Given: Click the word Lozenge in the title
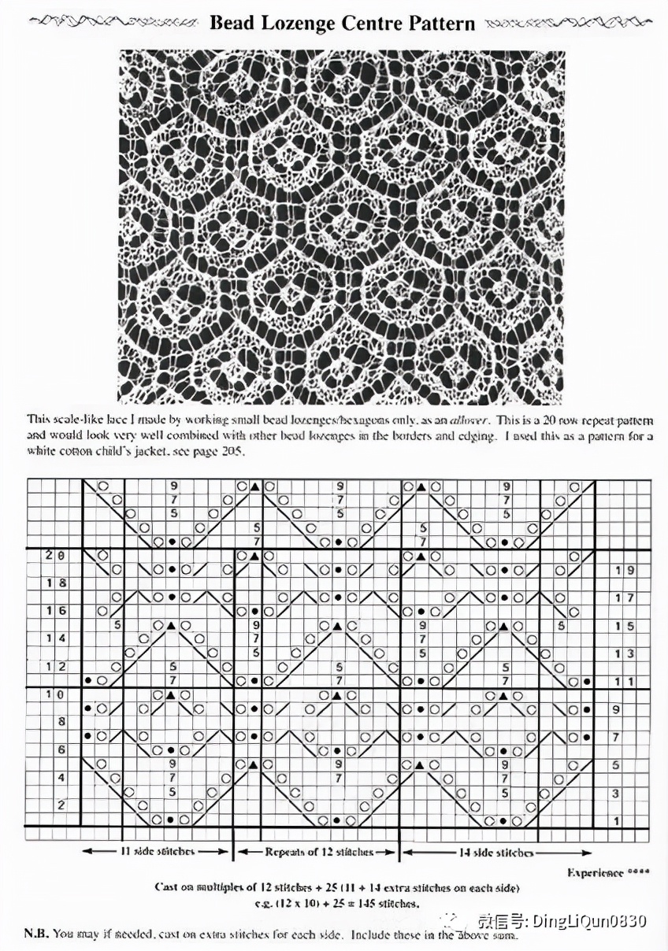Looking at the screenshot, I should coord(297,23).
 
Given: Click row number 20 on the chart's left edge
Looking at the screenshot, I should coord(54,556).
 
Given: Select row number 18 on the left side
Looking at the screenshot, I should coord(54,583).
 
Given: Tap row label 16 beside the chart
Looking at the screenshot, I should coord(54,611).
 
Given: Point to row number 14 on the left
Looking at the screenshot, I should coord(54,638).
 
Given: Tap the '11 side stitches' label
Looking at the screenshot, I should coord(158,852).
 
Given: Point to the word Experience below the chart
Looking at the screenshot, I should coord(595,872).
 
